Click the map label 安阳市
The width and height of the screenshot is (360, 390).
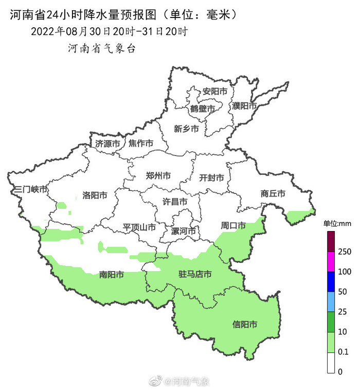[215, 91]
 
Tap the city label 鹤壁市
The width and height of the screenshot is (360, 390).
[202, 109]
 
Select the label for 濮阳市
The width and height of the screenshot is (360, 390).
[244, 105]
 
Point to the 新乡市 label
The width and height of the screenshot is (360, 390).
[186, 129]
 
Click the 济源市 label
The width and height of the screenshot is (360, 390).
[107, 144]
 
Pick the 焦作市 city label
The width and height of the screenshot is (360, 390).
[140, 143]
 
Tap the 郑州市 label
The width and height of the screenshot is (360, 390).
[158, 175]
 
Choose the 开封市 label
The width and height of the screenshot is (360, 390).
[211, 178]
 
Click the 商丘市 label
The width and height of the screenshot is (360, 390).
[273, 193]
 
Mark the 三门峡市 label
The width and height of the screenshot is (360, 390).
[31, 190]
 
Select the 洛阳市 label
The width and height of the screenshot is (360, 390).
[95, 196]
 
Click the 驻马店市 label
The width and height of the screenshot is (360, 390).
[194, 274]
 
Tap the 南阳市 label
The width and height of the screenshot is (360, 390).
[111, 275]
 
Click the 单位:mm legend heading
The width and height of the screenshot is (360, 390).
[337, 223]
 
